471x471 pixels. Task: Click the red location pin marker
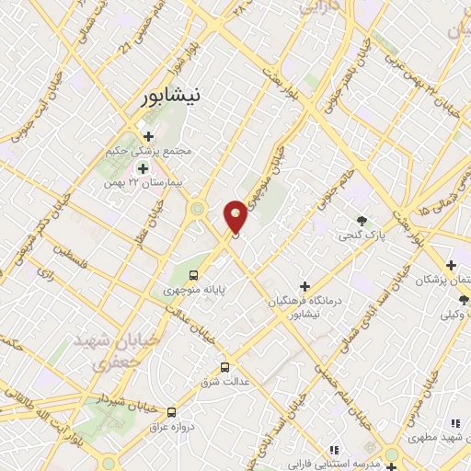pos(235,216)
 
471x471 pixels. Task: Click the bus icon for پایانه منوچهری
pos(194,274)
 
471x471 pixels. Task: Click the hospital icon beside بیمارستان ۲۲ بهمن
pos(143,168)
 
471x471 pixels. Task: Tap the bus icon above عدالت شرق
pos(225,369)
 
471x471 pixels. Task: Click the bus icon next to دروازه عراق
pos(172,412)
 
